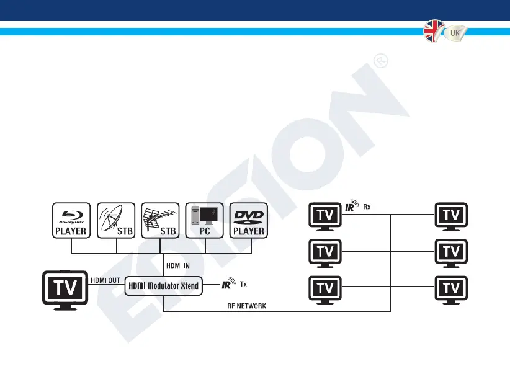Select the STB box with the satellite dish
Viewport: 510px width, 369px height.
pyautogui.click(x=117, y=220)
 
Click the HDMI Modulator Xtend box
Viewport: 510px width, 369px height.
pyautogui.click(x=163, y=285)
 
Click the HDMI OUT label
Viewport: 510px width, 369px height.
pyautogui.click(x=106, y=280)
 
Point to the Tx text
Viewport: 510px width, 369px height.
pyautogui.click(x=243, y=286)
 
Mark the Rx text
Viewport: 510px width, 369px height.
pyautogui.click(x=367, y=208)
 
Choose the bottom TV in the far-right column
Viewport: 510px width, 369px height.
pyautogui.click(x=451, y=290)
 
